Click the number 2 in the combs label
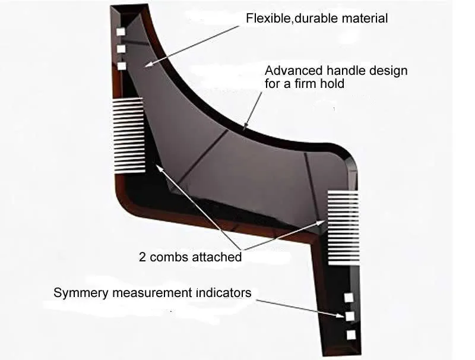(142, 257)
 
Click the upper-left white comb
(128, 135)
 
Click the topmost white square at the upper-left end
(121, 32)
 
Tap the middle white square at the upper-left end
(121, 49)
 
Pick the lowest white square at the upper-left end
(121, 66)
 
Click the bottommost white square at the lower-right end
(350, 334)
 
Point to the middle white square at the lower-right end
(350, 316)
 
